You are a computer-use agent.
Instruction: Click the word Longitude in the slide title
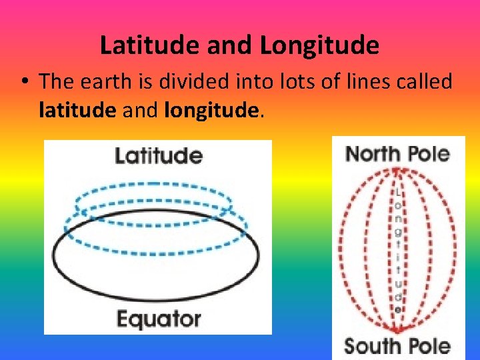click(x=319, y=45)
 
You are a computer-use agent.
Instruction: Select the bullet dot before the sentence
click(x=23, y=83)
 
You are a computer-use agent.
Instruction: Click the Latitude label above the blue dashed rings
click(x=159, y=156)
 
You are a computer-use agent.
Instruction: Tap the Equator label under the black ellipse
click(x=159, y=319)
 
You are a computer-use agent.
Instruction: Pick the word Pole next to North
click(x=427, y=154)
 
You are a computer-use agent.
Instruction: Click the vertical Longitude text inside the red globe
click(x=398, y=250)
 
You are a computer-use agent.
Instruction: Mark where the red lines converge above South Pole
click(x=398, y=330)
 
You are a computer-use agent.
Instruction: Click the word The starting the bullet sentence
click(x=55, y=82)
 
